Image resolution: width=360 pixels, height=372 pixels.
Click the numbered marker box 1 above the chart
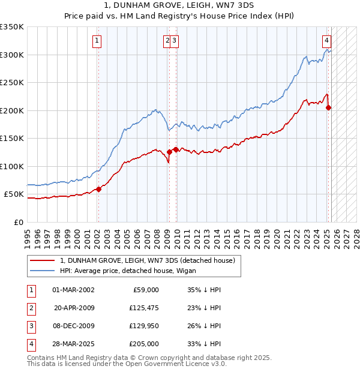97,41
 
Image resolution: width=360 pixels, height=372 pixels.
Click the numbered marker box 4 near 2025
326,41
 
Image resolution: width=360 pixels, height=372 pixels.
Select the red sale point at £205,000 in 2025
329,108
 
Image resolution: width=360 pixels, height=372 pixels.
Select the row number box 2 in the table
30,308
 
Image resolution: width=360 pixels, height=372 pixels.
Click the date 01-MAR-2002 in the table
73,290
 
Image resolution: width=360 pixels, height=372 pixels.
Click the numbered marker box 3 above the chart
173,41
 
